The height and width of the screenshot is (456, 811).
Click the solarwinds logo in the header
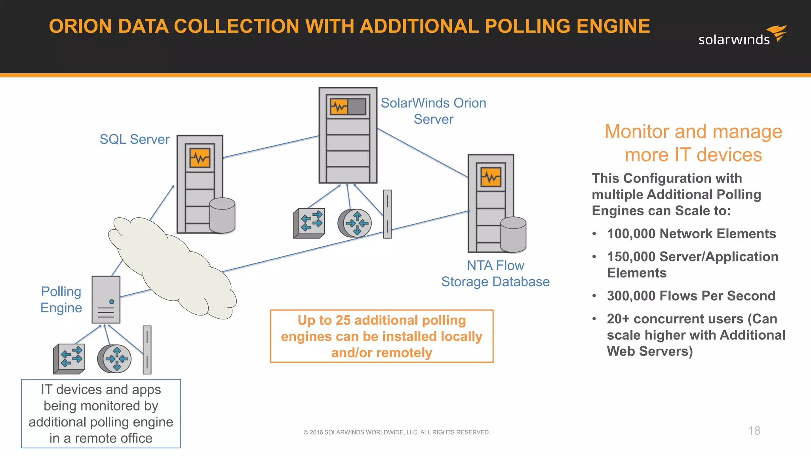[x=742, y=36]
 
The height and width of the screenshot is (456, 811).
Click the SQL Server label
[x=134, y=139]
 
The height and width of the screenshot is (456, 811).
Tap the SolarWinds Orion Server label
[x=433, y=111]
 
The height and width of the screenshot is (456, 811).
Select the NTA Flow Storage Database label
[x=495, y=274]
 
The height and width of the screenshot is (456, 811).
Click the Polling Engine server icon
[x=106, y=300]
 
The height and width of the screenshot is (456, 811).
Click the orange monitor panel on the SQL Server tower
[x=200, y=158]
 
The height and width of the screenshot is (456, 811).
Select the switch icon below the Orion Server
[x=309, y=223]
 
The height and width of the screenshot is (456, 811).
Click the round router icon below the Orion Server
[x=355, y=223]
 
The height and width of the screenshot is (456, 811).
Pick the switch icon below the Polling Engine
[x=69, y=359]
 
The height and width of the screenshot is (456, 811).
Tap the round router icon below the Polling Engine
[x=114, y=359]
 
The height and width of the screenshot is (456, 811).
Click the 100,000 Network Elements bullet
[x=691, y=234]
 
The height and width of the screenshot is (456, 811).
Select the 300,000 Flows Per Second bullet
[x=691, y=296]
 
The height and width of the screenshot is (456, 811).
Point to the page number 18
[x=754, y=431]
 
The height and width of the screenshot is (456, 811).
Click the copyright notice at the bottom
[x=396, y=432]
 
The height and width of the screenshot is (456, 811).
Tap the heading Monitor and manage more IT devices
[x=693, y=143]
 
